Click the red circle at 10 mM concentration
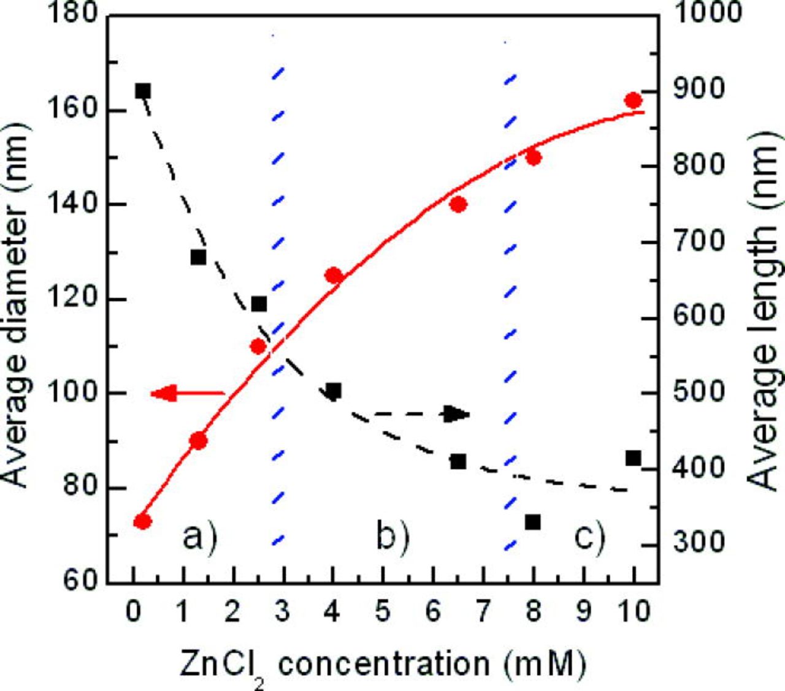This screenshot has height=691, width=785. point(634,100)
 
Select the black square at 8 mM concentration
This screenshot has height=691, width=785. point(533,522)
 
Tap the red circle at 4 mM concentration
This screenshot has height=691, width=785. point(333,276)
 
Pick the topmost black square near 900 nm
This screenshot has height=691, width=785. point(143,91)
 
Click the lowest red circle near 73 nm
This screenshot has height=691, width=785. point(143,521)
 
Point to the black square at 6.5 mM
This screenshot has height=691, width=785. point(458,461)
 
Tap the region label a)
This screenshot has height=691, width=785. point(200,538)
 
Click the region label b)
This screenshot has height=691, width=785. point(392,538)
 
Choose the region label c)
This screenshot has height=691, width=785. point(589,538)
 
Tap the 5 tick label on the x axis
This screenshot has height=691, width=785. point(383,611)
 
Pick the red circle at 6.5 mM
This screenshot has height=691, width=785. point(458,205)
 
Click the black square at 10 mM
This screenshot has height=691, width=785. point(634,458)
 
